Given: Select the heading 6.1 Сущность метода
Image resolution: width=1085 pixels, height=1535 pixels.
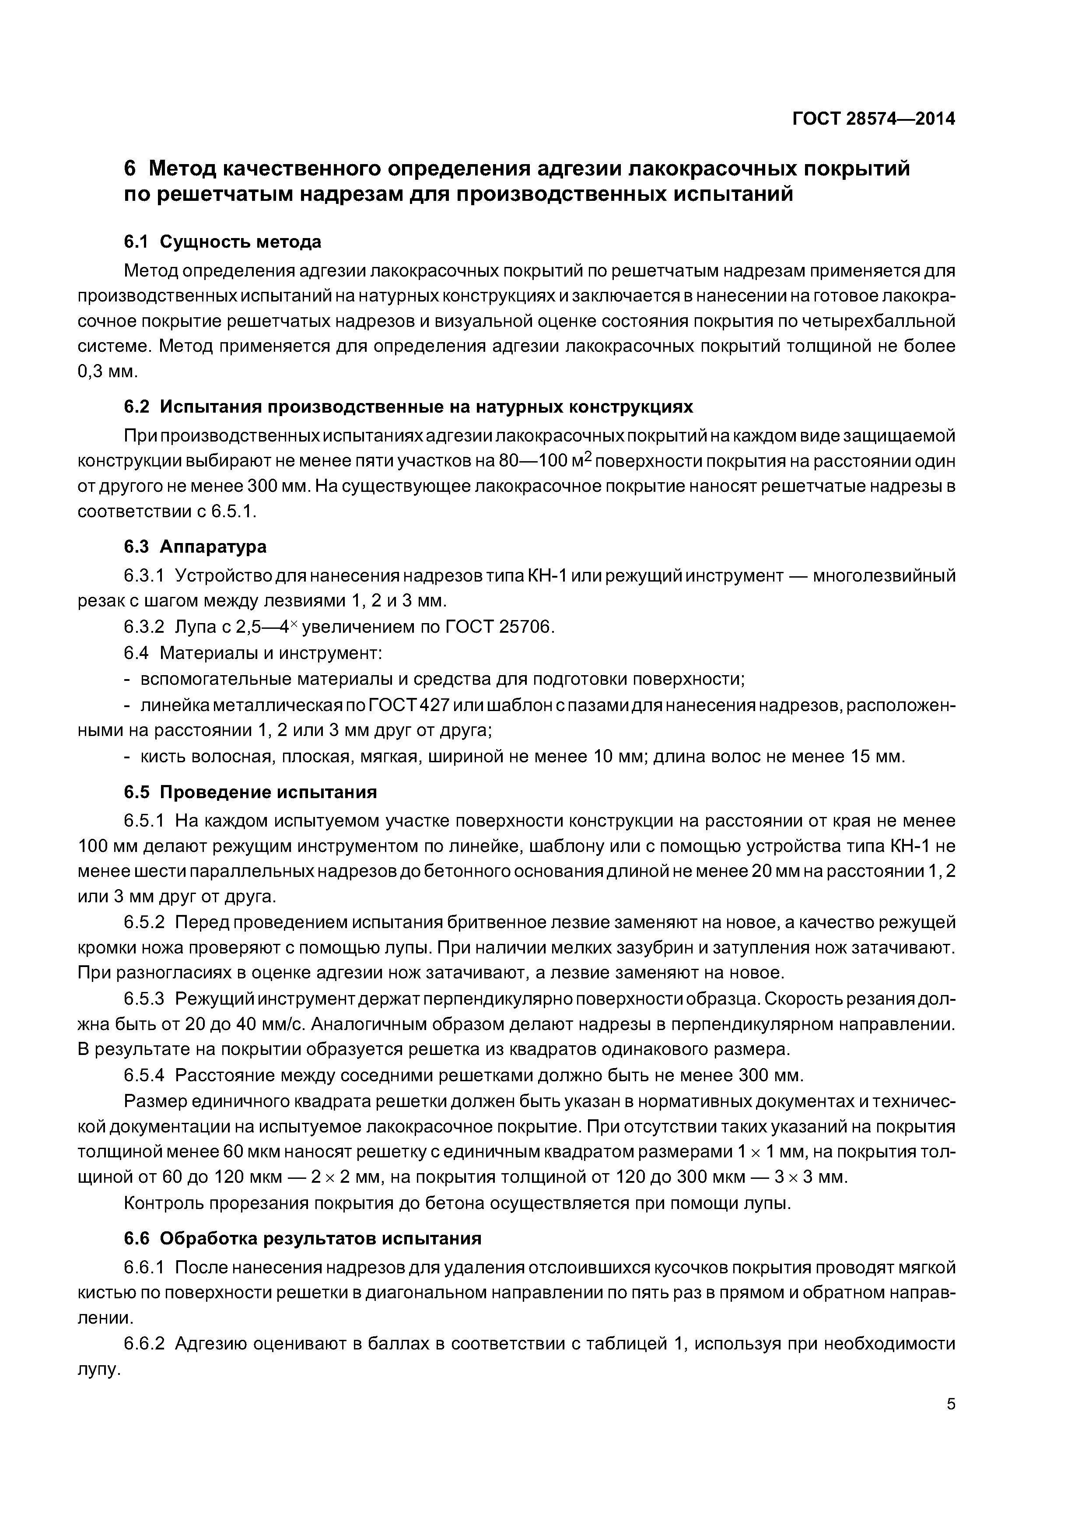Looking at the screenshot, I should pos(222,242).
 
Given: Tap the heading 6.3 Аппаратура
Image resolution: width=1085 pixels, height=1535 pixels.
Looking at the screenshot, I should pos(195,546).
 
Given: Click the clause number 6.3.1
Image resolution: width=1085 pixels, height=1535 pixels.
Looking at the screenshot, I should pos(144,576).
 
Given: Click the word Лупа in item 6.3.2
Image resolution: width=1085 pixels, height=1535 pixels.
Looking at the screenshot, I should pos(195,627).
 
